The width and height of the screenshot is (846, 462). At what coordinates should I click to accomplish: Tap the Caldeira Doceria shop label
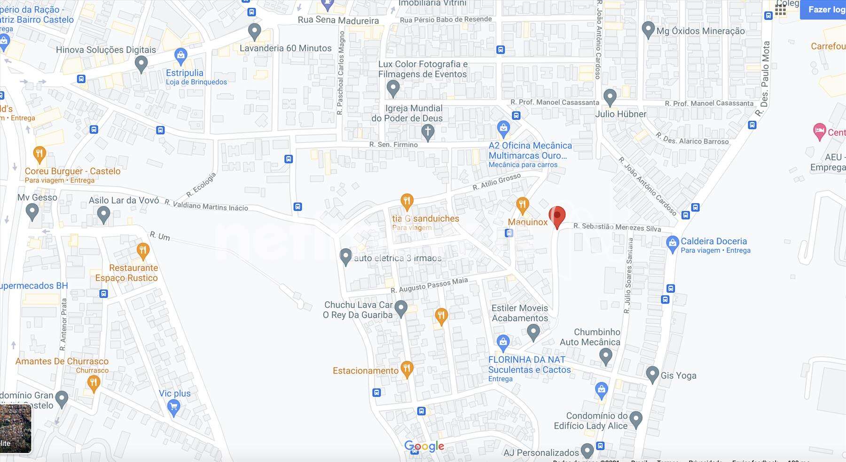pyautogui.click(x=713, y=242)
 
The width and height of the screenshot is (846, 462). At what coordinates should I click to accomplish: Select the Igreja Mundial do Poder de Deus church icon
pyautogui.click(x=427, y=133)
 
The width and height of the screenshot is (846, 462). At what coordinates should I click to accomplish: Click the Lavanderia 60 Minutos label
pyautogui.click(x=285, y=48)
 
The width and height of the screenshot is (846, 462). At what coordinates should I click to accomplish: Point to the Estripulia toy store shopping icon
pyautogui.click(x=180, y=56)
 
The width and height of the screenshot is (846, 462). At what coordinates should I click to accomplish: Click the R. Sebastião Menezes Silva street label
pyautogui.click(x=617, y=227)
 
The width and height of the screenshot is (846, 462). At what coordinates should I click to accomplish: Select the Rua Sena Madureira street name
pyautogui.click(x=338, y=20)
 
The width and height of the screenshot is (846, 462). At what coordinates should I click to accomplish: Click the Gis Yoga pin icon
pyautogui.click(x=652, y=375)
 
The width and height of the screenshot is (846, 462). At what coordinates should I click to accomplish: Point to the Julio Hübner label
pyautogui.click(x=620, y=114)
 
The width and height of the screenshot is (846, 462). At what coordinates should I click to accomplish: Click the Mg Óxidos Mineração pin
pyautogui.click(x=648, y=30)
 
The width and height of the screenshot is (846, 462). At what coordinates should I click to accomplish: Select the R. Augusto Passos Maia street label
pyautogui.click(x=429, y=285)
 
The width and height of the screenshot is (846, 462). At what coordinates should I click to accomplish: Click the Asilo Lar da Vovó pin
pyautogui.click(x=103, y=215)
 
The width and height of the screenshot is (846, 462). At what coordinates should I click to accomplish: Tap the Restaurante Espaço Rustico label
pyautogui.click(x=127, y=273)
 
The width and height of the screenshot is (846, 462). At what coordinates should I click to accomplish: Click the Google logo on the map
pyautogui.click(x=424, y=446)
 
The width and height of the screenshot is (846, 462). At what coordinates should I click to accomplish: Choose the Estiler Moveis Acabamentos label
pyautogui.click(x=520, y=313)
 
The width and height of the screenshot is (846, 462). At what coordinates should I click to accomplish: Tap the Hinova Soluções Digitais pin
pyautogui.click(x=141, y=63)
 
